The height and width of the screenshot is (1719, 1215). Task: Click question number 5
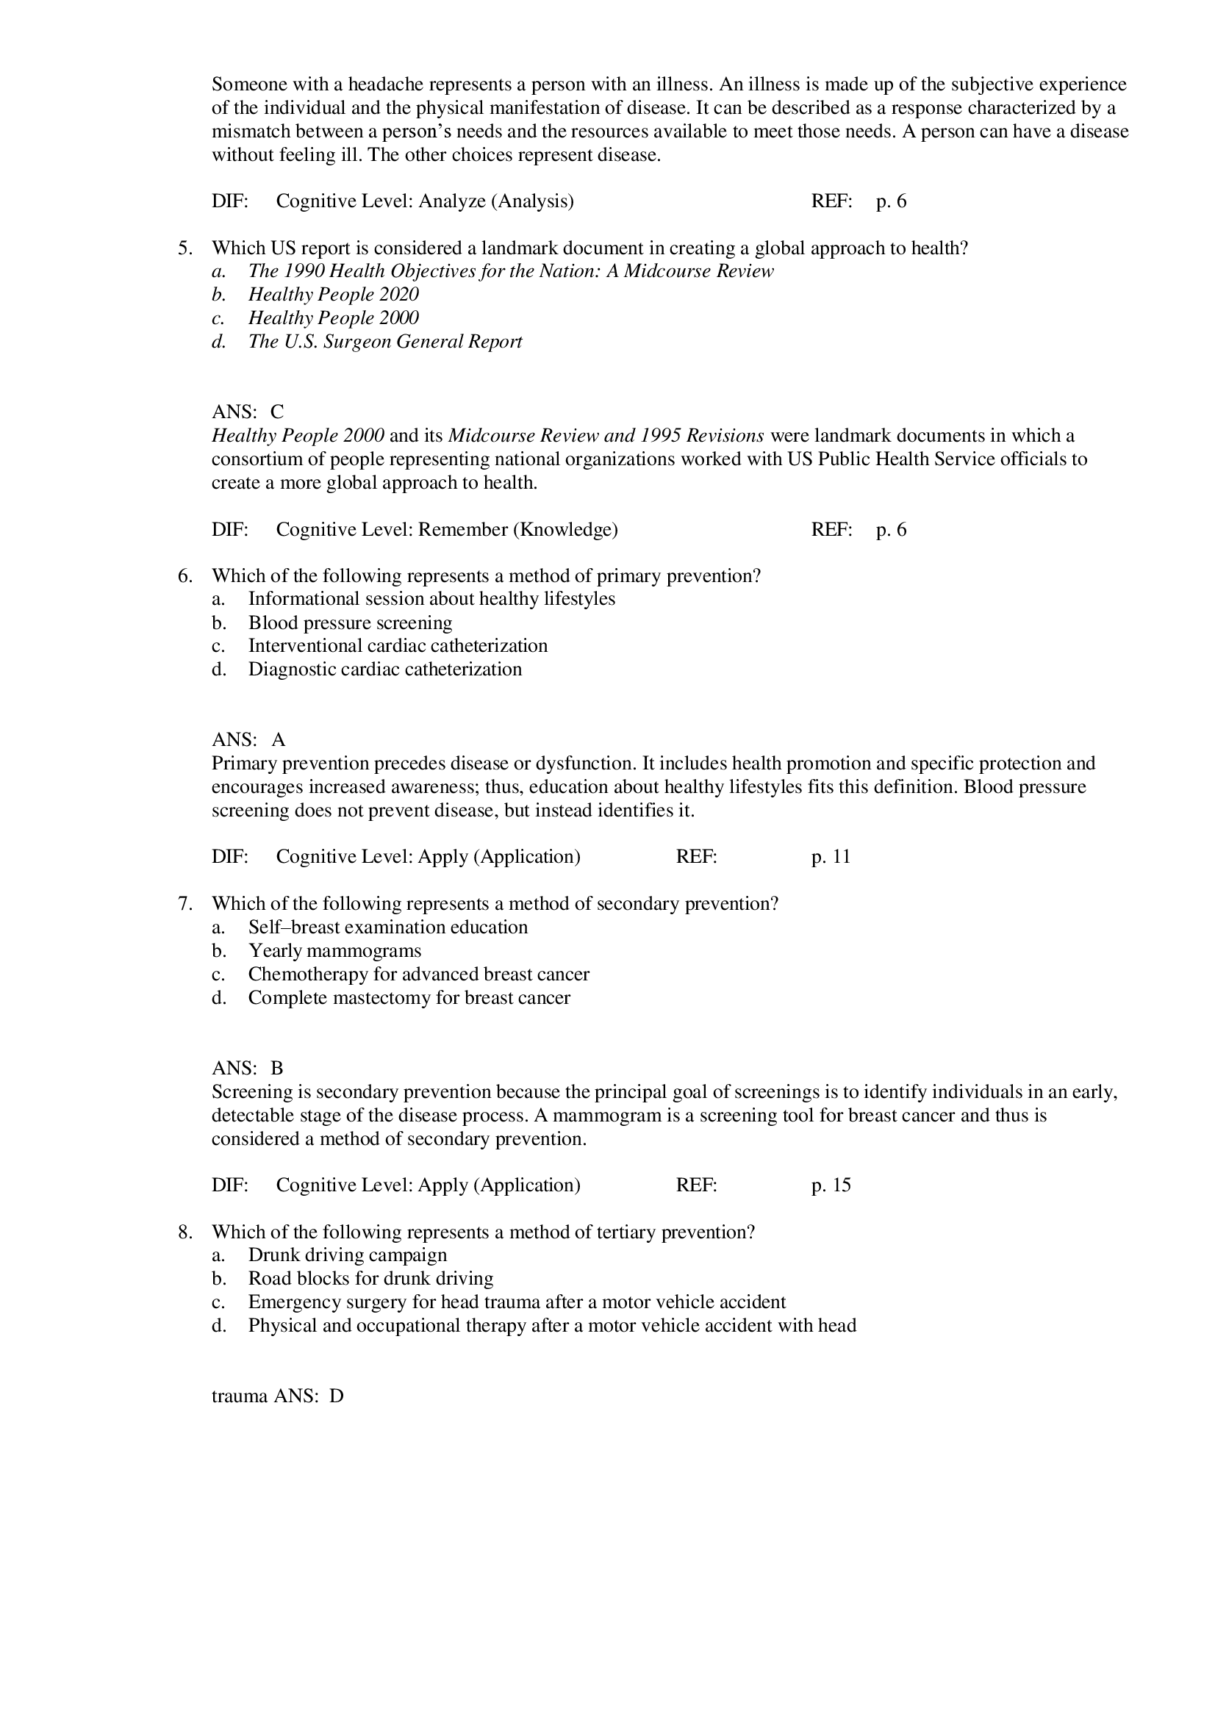click(x=184, y=248)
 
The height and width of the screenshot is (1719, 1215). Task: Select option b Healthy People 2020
click(x=333, y=294)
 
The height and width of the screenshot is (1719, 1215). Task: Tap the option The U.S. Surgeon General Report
click(x=385, y=342)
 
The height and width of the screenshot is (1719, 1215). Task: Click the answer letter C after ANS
click(x=277, y=412)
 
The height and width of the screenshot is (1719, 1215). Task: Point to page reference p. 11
click(x=831, y=856)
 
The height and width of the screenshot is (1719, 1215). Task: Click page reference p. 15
click(x=831, y=1185)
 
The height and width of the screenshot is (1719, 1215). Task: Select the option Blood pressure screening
click(x=350, y=623)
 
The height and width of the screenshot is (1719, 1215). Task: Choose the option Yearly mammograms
click(x=334, y=951)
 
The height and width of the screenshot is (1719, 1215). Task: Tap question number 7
click(x=184, y=904)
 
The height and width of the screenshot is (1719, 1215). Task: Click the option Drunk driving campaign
click(x=348, y=1255)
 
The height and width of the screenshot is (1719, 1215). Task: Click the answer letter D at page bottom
click(x=336, y=1396)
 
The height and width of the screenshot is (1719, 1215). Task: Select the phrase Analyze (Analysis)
click(x=495, y=201)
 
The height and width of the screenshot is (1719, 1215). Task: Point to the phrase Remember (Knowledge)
click(x=517, y=530)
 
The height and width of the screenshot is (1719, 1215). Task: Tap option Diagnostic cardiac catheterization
click(x=385, y=670)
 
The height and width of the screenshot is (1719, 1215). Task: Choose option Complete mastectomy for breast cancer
click(x=409, y=998)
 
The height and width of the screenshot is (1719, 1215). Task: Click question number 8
click(x=184, y=1232)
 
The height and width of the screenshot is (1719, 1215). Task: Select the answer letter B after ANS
click(x=277, y=1069)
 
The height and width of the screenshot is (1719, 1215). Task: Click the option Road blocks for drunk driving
click(x=370, y=1279)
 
